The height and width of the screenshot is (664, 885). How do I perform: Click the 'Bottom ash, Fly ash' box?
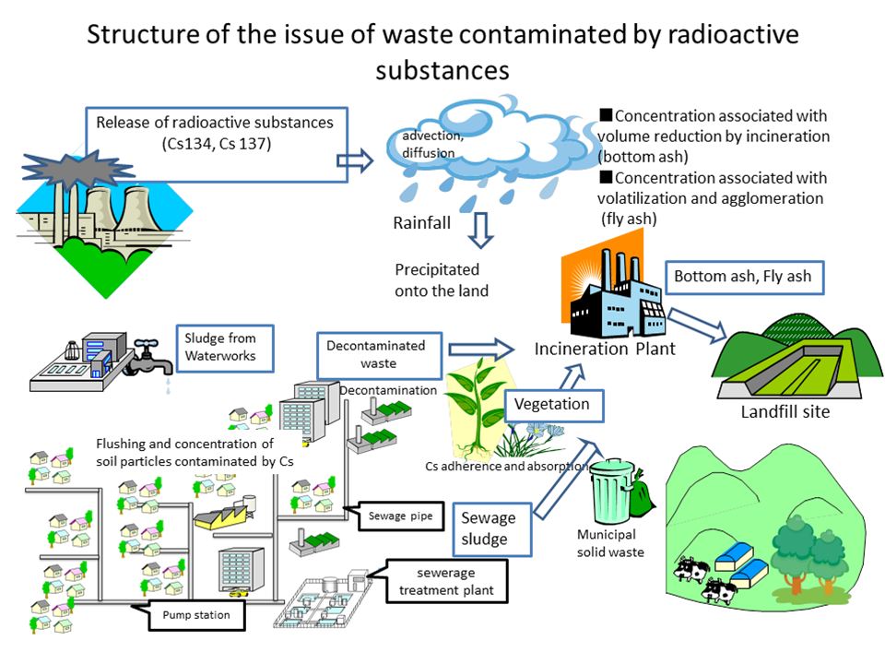[742, 276]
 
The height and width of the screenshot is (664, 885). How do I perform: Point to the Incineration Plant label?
[606, 350]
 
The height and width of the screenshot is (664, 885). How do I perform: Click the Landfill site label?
[785, 411]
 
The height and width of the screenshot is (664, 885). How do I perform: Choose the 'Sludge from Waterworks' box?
[227, 347]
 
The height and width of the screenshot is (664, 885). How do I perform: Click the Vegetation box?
[551, 404]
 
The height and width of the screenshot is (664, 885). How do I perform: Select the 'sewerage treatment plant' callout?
[446, 581]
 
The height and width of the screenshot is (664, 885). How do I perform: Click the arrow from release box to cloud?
[356, 160]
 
